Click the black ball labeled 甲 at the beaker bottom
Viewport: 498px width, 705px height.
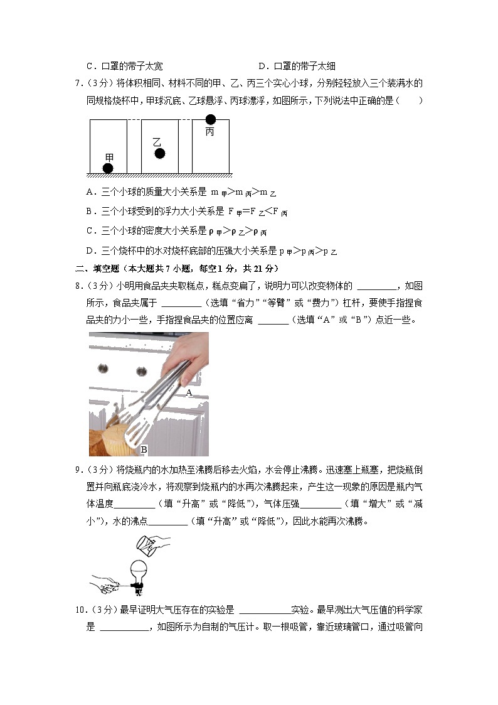click(108, 168)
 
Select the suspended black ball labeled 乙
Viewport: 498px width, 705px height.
click(160, 153)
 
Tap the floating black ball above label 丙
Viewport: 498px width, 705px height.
click(210, 119)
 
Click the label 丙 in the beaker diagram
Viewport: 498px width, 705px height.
click(209, 132)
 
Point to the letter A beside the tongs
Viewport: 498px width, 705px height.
click(188, 392)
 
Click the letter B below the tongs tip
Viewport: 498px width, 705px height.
click(144, 449)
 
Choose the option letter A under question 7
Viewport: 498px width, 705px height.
click(90, 192)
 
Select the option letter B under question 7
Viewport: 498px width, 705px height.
click(90, 211)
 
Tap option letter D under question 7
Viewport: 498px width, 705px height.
click(90, 250)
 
